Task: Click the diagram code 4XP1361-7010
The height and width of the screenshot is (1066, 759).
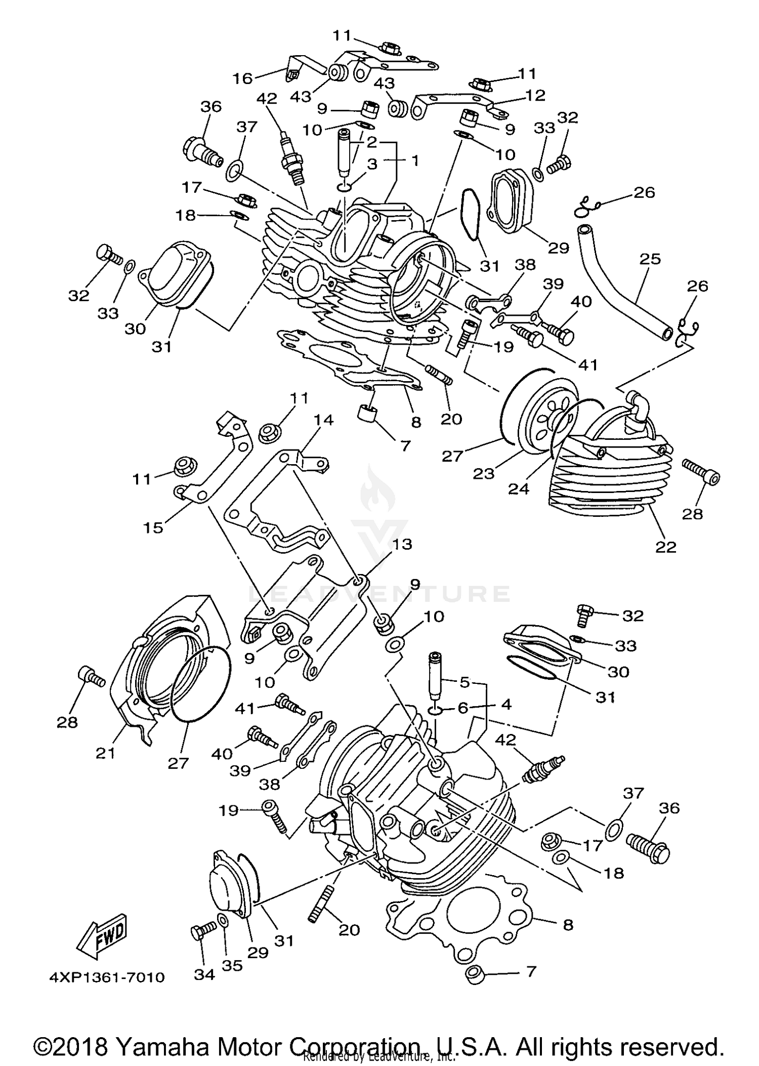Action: point(107,991)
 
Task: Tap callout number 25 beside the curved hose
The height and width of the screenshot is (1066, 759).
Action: point(650,259)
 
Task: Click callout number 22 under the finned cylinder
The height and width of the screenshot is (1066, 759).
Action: point(666,547)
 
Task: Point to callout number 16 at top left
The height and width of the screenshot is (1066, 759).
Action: point(242,78)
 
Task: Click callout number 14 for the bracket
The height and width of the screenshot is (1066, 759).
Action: point(323,420)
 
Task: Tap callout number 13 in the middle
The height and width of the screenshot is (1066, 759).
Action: point(402,544)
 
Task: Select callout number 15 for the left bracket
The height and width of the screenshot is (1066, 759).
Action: point(153,527)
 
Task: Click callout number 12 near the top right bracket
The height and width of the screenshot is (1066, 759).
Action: point(535,95)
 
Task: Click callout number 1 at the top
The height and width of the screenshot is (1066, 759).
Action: point(415,161)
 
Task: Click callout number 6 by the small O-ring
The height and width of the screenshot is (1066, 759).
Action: point(462,708)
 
